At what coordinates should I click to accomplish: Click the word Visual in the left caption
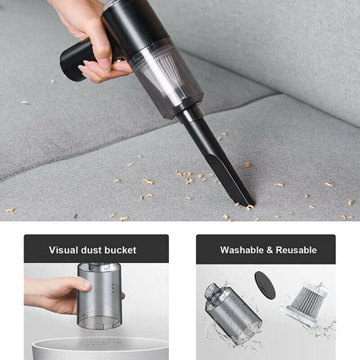(x=64, y=250)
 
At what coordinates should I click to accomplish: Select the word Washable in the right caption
(x=245, y=250)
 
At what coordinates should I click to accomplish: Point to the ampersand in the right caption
(x=272, y=250)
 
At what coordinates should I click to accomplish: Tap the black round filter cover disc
(x=264, y=286)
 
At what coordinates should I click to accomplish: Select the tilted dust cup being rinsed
(x=231, y=312)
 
